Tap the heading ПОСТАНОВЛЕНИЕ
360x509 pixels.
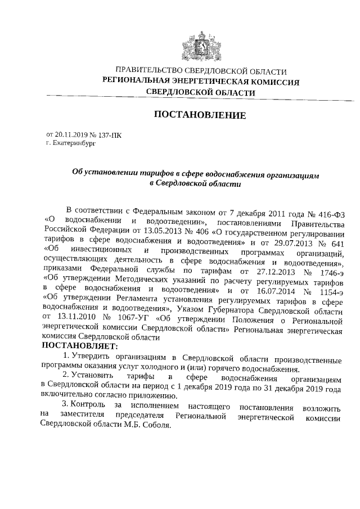200,115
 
